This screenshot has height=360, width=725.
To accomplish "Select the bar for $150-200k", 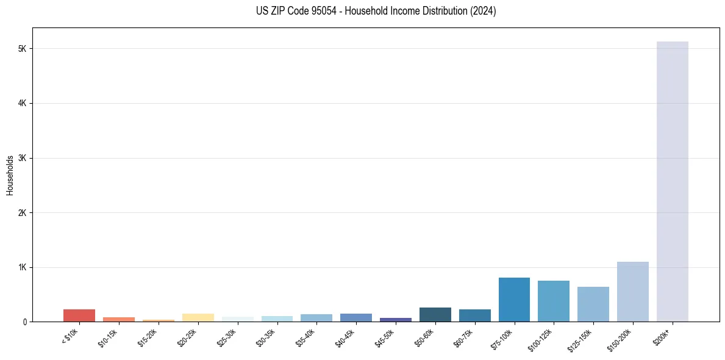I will (x=632, y=292).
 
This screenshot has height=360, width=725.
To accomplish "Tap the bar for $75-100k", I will (x=514, y=300).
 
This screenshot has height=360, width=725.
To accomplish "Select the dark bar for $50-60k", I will (x=435, y=315).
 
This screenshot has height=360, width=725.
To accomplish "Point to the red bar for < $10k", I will (x=79, y=315).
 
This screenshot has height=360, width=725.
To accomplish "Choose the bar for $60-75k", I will (x=474, y=315).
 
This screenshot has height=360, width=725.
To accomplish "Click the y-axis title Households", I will (x=10, y=175).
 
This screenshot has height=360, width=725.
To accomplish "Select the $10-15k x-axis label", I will (x=108, y=337).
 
